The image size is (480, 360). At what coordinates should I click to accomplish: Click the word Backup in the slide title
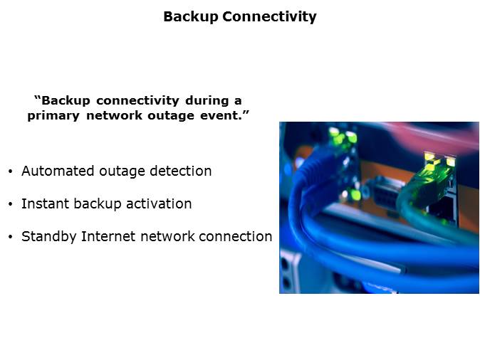pos(190,17)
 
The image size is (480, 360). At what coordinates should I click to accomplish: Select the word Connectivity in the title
pos(269,17)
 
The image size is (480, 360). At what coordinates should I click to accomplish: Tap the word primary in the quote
pos(53,116)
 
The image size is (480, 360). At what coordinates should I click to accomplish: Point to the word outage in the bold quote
pos(171,116)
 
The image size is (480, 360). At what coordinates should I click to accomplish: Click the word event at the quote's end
pos(219,115)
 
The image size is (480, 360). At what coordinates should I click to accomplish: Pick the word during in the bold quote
pos(207,101)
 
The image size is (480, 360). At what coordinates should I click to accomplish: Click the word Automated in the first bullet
pos(58,171)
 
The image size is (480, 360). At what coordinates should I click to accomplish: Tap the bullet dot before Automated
pos(11,171)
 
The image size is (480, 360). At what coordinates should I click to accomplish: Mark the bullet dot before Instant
pos(11,204)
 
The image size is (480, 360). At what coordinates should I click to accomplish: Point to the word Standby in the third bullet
pos(48,237)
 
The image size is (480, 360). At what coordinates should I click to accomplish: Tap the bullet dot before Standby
pos(11,237)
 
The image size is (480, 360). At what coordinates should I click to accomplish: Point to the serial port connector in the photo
pos(385,194)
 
